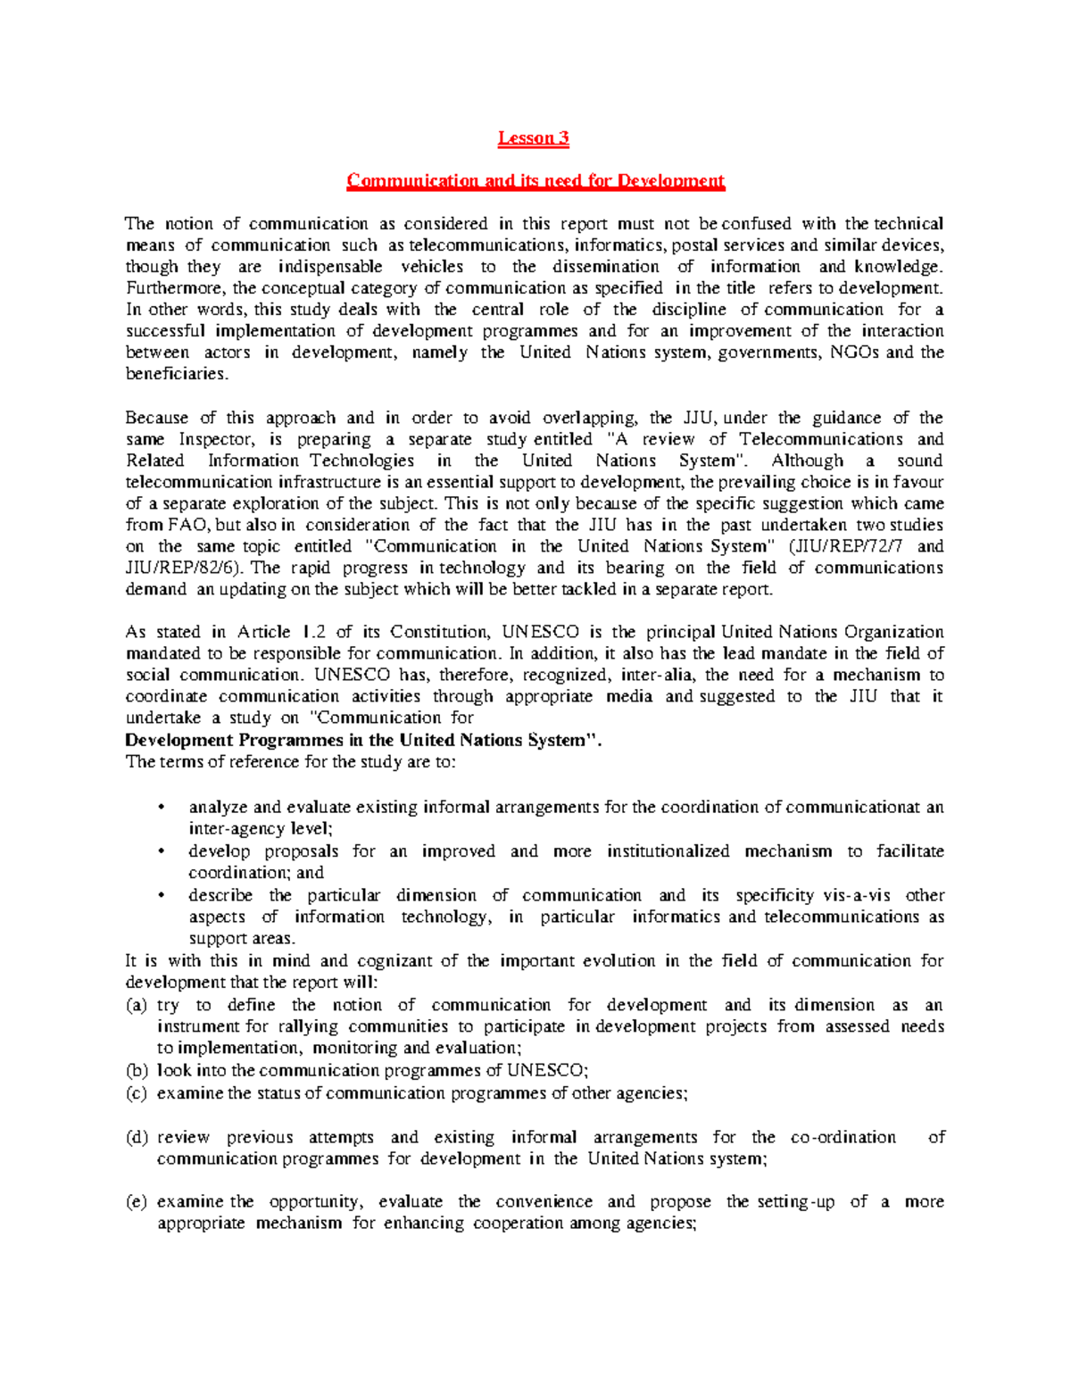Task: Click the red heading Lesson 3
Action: [x=533, y=137]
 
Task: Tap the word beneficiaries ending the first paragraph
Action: [x=176, y=374]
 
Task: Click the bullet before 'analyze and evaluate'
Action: [x=161, y=808]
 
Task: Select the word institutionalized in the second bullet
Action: [x=668, y=851]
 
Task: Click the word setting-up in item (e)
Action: [x=795, y=1201]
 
